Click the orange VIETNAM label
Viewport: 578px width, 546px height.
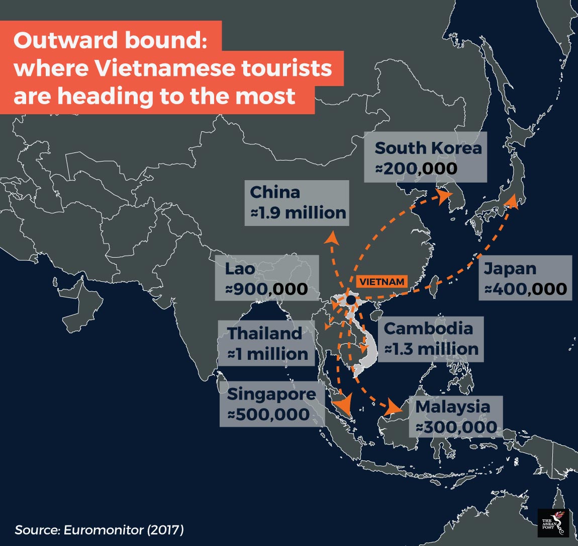click(382, 282)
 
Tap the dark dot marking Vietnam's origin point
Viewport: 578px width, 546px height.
click(350, 301)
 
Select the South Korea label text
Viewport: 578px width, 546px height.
click(428, 148)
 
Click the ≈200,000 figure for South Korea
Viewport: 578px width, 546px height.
click(416, 169)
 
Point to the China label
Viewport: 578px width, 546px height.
click(274, 192)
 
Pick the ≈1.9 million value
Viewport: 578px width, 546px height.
click(298, 213)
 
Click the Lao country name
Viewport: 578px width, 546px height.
click(240, 268)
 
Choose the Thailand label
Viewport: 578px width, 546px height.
click(265, 333)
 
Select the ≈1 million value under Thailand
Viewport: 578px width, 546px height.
click(267, 354)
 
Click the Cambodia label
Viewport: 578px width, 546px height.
click(428, 329)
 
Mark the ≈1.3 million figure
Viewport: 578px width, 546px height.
click(431, 349)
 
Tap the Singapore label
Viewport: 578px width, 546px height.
click(271, 394)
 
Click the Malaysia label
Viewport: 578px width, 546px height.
click(452, 407)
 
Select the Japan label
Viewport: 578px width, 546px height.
click(510, 268)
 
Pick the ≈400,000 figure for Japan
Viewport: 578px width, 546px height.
click(525, 289)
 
